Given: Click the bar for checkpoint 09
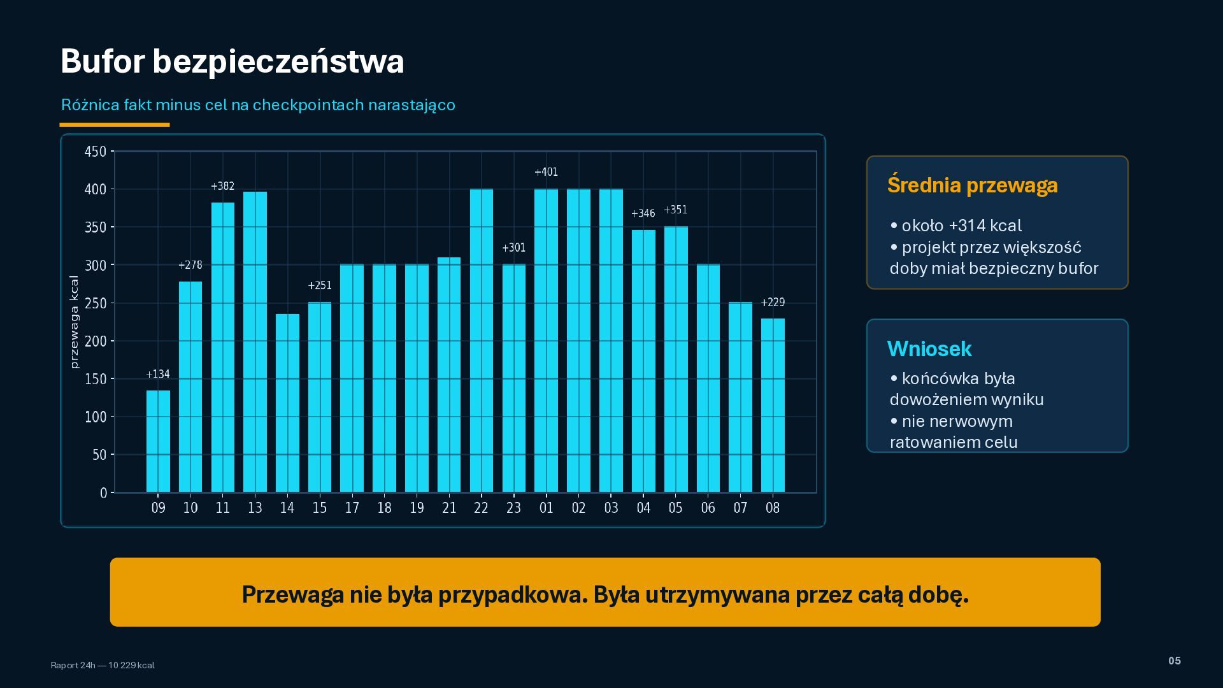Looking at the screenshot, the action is click(x=158, y=441).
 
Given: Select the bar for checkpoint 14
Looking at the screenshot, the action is click(x=287, y=403).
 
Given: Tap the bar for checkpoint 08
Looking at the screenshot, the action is click(x=773, y=405).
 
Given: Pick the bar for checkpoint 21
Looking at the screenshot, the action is click(x=449, y=375).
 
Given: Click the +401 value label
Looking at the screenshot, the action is click(x=546, y=172).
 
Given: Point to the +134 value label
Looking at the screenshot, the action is click(x=158, y=374).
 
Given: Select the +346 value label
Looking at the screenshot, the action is click(x=643, y=213).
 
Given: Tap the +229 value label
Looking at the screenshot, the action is click(x=773, y=302).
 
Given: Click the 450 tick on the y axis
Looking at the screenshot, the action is click(x=96, y=152).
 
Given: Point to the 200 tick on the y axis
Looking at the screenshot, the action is click(x=96, y=341).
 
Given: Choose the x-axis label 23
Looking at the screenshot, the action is click(x=513, y=508).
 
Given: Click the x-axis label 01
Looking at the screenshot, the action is click(x=546, y=508).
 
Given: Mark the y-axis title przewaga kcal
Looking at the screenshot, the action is click(x=74, y=322).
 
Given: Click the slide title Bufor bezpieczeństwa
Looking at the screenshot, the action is click(x=232, y=61).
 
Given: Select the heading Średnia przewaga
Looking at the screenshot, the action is click(x=972, y=185).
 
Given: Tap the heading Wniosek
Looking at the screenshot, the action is click(x=929, y=348).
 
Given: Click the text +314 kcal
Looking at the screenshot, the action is click(x=985, y=226).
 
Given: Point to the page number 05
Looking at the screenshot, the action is click(x=1175, y=661).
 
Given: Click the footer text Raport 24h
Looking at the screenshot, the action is click(x=73, y=665).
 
